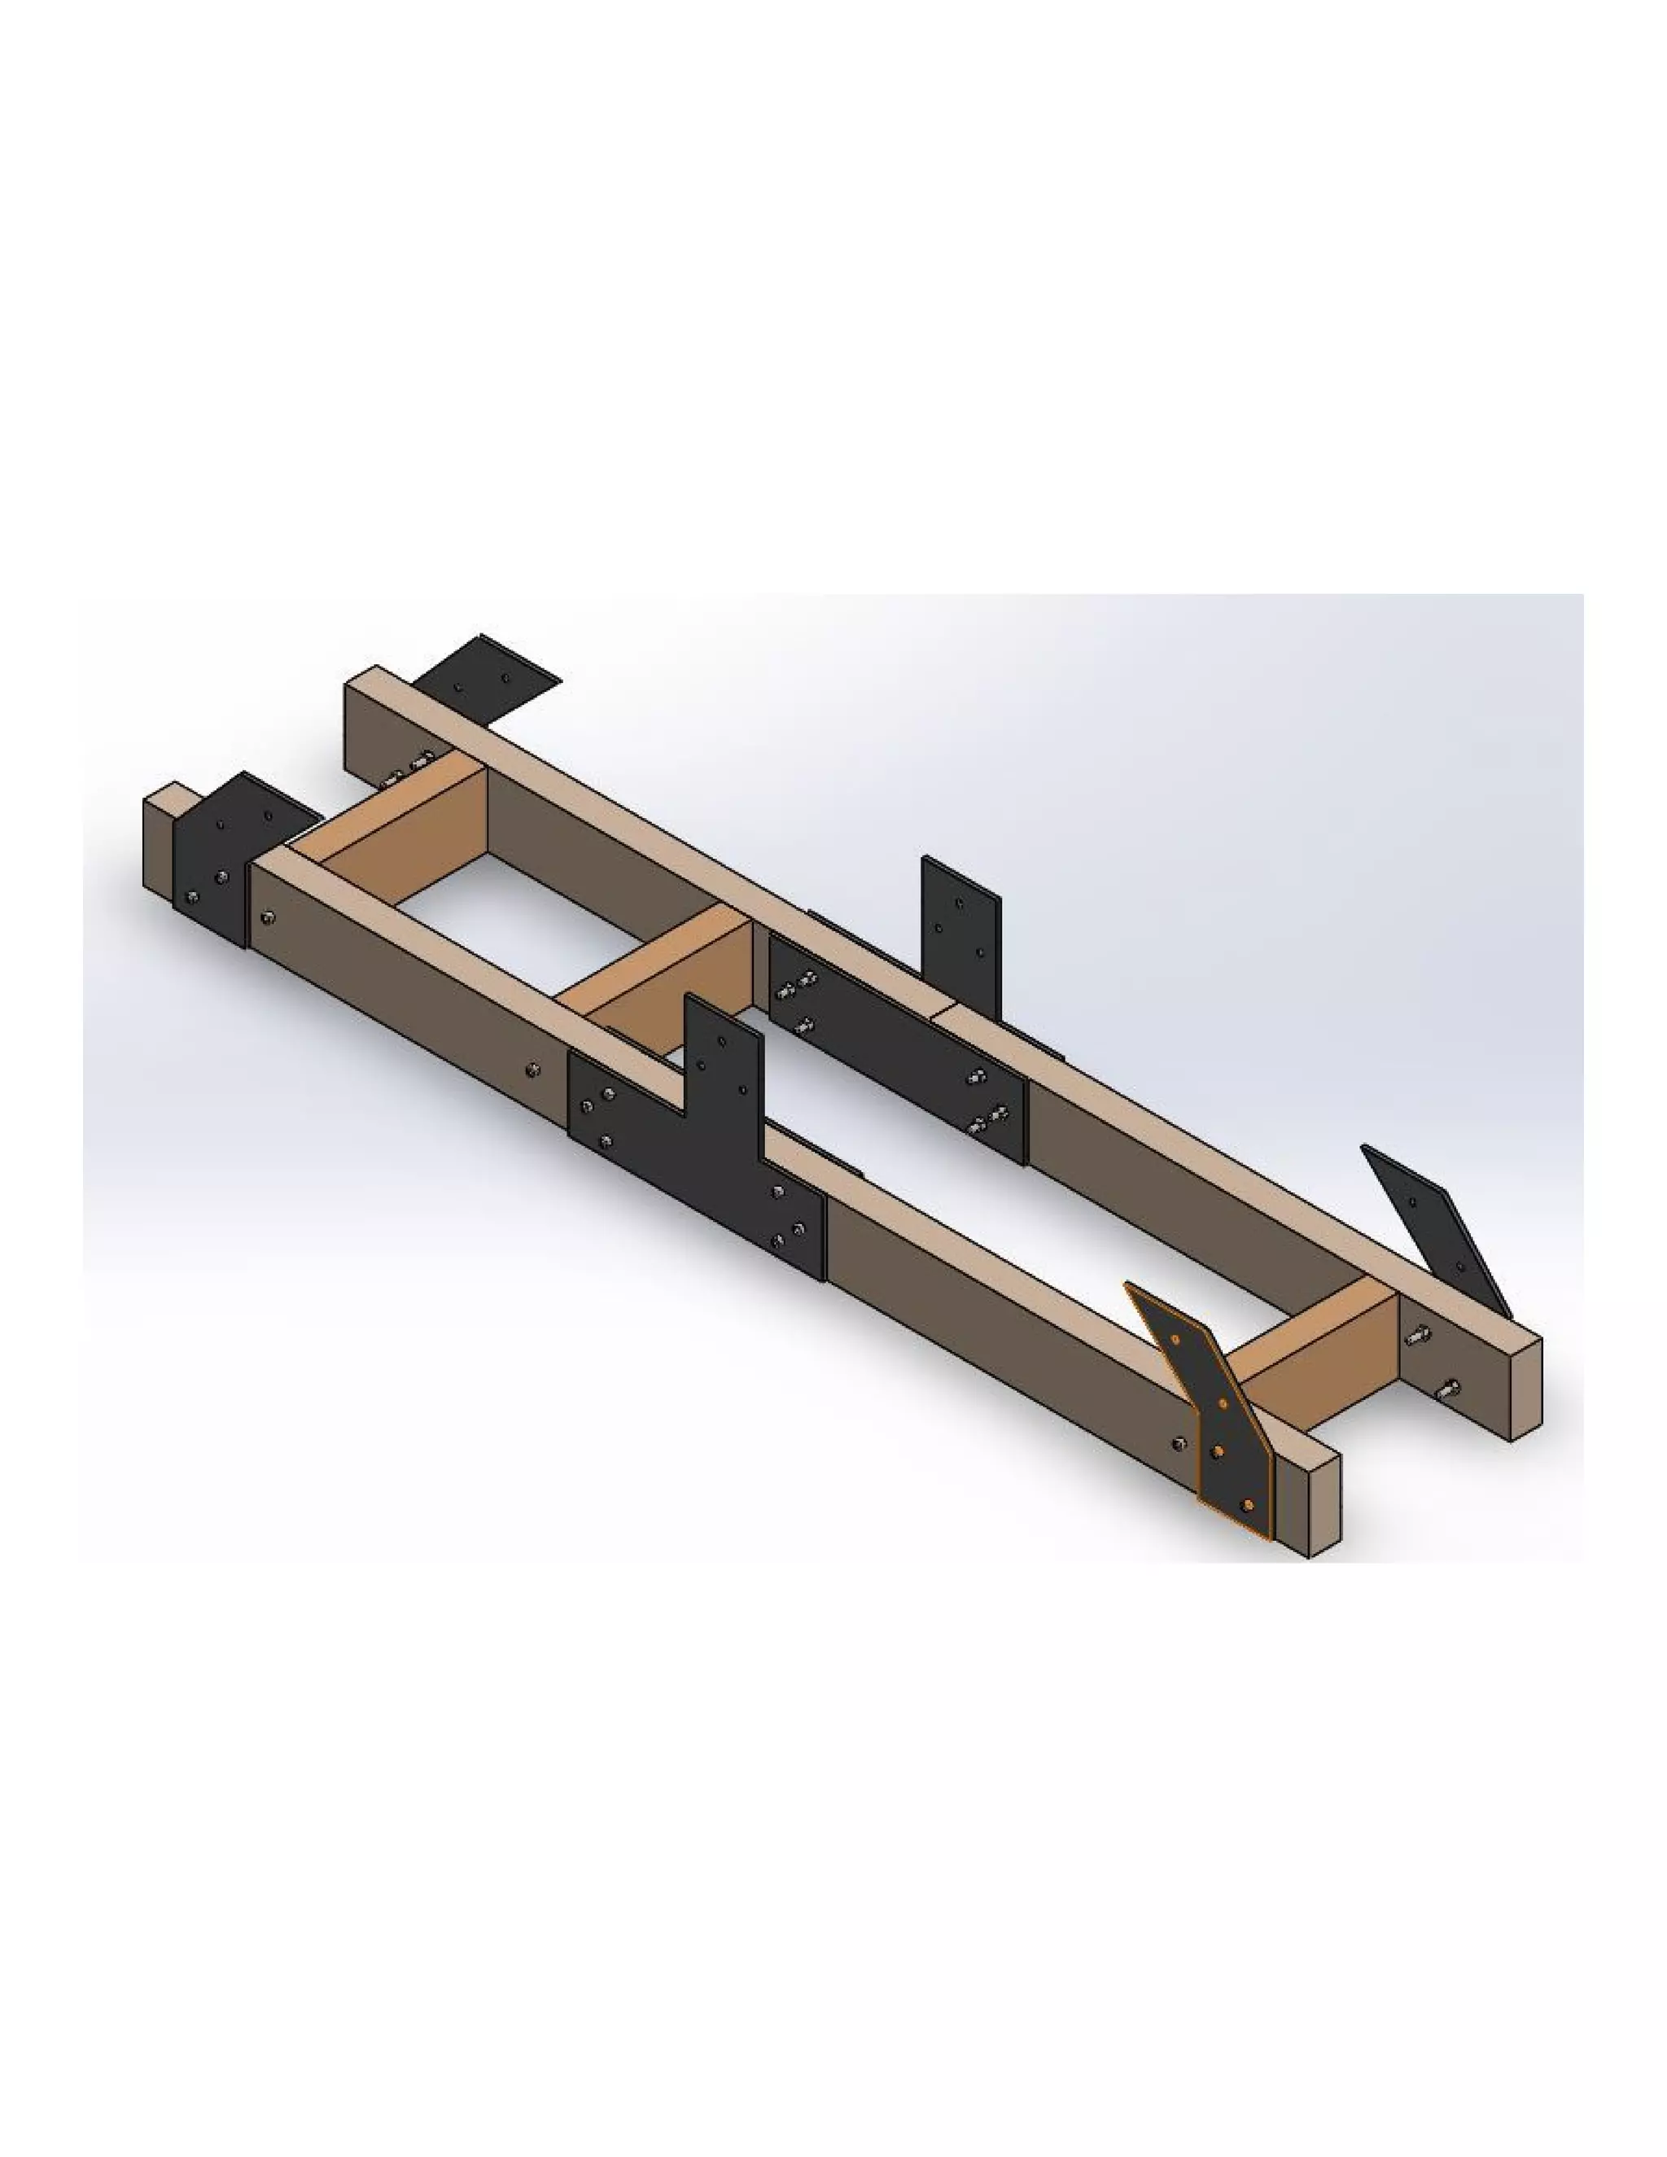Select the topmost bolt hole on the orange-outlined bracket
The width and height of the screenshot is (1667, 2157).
(1176, 1341)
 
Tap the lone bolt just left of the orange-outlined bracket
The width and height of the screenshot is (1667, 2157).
(1177, 1444)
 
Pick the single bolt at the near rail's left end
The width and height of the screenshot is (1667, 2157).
(268, 918)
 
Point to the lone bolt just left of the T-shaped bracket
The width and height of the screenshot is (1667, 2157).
(532, 1069)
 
